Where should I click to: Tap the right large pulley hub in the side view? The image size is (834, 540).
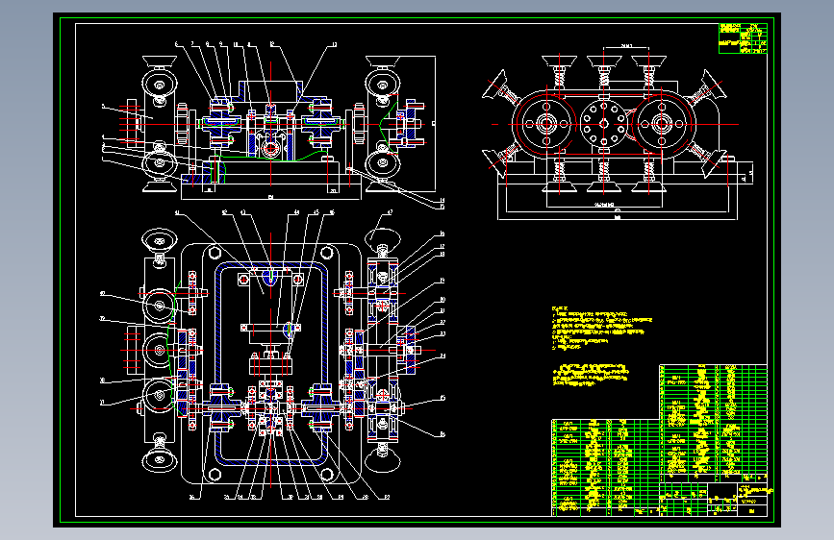click(662, 124)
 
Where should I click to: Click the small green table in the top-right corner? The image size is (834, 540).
click(744, 37)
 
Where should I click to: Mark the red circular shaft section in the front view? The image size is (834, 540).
click(269, 147)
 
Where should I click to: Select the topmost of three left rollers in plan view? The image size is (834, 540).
click(157, 306)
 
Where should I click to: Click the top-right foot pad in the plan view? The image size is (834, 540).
click(382, 239)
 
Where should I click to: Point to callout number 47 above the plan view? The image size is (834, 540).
click(390, 211)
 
